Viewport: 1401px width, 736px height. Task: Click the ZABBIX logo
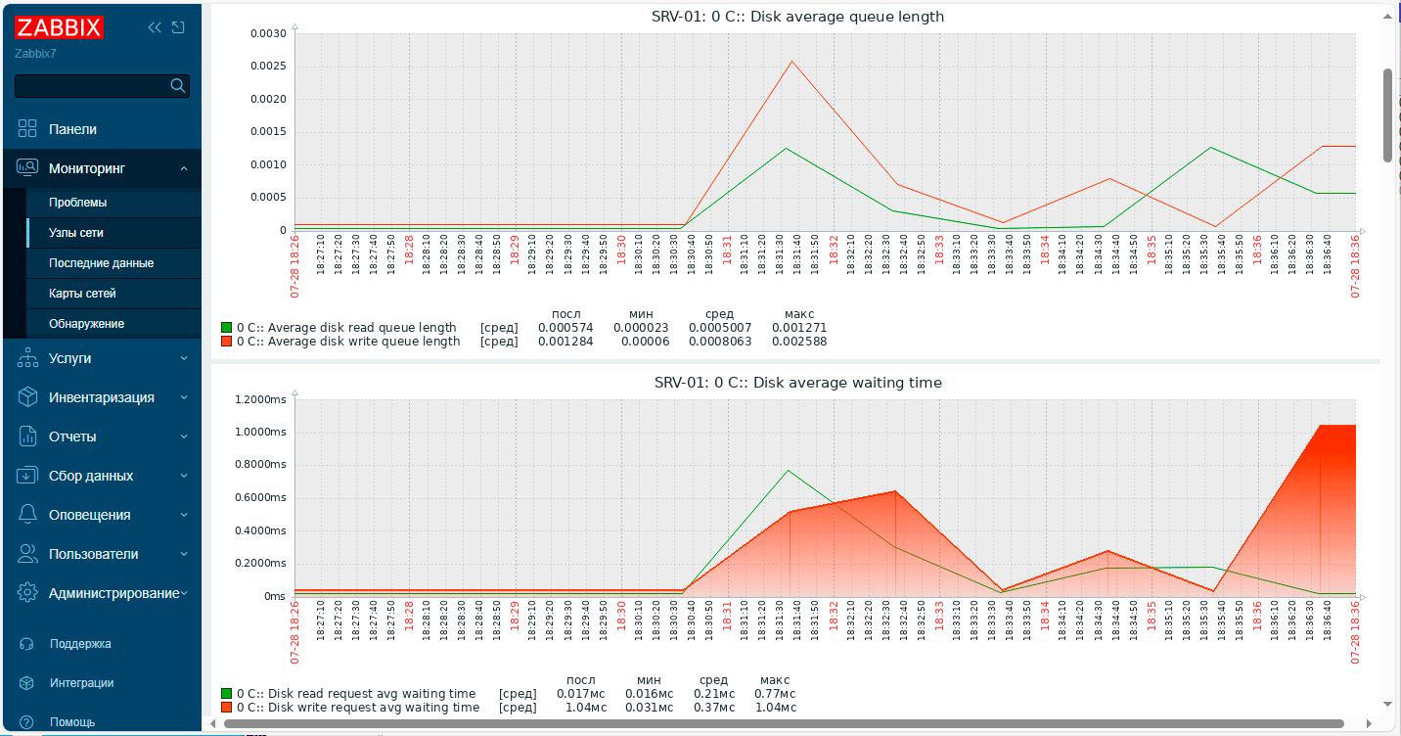pyautogui.click(x=59, y=27)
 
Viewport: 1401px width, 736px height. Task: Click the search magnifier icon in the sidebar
pyautogui.click(x=177, y=86)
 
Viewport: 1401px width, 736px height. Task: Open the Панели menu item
pyautogui.click(x=72, y=129)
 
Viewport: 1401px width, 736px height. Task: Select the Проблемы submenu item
pyautogui.click(x=77, y=203)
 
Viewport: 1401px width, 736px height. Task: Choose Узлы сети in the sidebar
pyautogui.click(x=75, y=233)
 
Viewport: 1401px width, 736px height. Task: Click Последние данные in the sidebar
pyautogui.click(x=101, y=263)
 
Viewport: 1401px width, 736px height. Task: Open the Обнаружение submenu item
pyautogui.click(x=86, y=324)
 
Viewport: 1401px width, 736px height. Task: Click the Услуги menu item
pyautogui.click(x=69, y=358)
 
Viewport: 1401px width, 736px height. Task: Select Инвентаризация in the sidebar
pyautogui.click(x=101, y=397)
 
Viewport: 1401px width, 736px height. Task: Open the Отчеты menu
pyautogui.click(x=72, y=437)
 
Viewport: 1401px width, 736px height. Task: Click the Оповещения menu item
pyautogui.click(x=89, y=515)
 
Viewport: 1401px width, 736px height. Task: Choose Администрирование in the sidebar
pyautogui.click(x=113, y=593)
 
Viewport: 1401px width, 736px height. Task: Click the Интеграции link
pyautogui.click(x=81, y=683)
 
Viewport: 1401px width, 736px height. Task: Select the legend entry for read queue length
pyautogui.click(x=345, y=328)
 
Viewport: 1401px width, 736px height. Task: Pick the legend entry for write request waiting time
pyautogui.click(x=357, y=708)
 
